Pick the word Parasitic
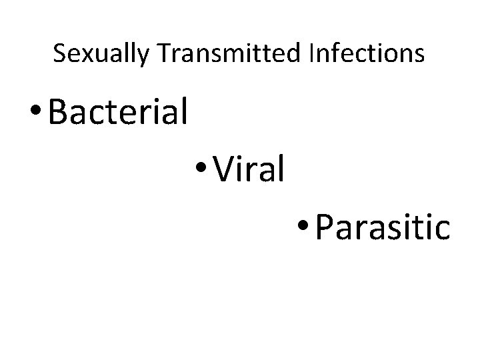pos(383,228)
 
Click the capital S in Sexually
pos(59,54)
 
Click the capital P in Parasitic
pos(326,228)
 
